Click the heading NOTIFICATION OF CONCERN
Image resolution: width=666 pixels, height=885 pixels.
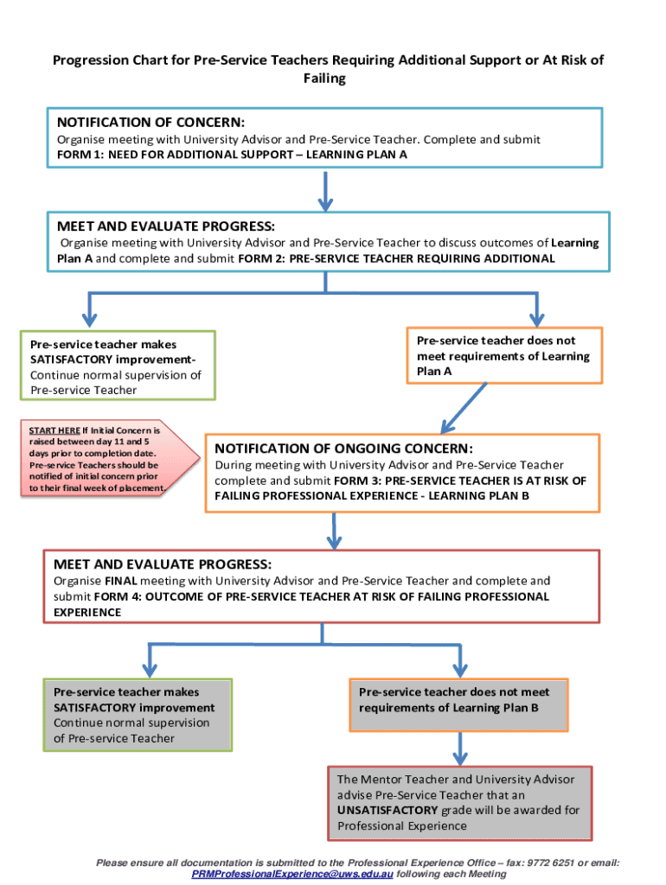click(x=150, y=122)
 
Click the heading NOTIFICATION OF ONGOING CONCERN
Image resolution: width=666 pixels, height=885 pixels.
click(x=343, y=449)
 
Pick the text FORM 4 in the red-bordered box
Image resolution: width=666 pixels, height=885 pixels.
click(x=112, y=596)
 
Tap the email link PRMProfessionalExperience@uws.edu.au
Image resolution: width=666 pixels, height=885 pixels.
click(x=291, y=875)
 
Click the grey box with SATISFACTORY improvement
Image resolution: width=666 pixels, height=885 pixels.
click(x=137, y=715)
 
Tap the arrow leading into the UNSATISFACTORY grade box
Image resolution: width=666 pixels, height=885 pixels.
click(x=458, y=747)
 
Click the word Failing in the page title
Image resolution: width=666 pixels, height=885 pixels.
click(x=324, y=79)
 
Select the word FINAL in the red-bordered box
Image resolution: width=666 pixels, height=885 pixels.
click(x=121, y=581)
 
